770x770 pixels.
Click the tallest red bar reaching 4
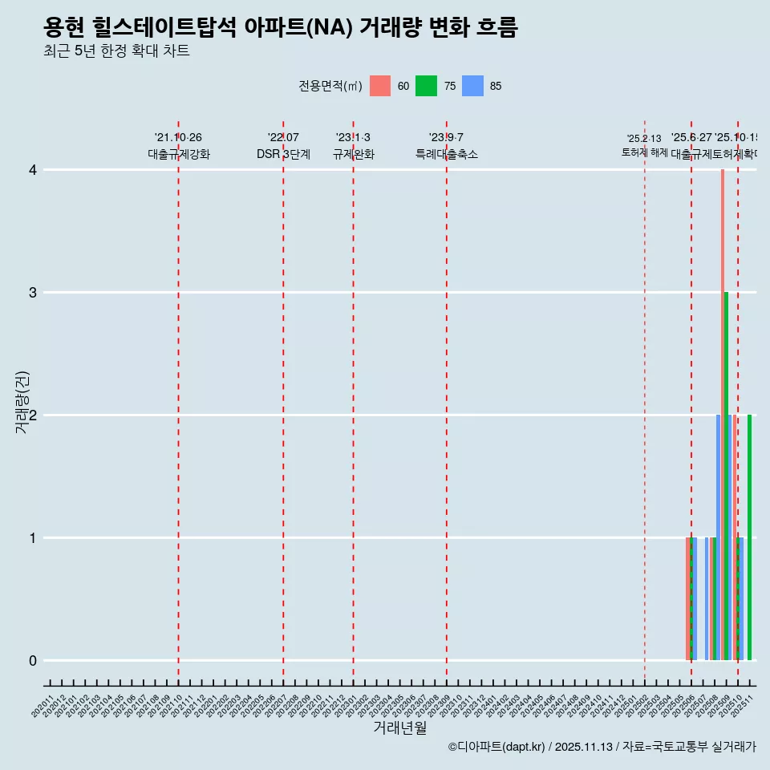click(x=723, y=415)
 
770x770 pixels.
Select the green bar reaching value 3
click(x=727, y=476)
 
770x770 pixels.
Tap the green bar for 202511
click(x=750, y=537)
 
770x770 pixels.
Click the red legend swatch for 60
click(x=380, y=86)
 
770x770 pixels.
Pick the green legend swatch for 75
click(x=427, y=86)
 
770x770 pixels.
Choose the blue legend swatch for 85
click(x=473, y=86)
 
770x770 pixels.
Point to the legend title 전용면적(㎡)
click(x=330, y=87)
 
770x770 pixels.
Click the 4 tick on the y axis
click(x=33, y=170)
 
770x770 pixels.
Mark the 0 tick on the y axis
click(x=33, y=661)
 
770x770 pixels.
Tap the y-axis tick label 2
click(x=33, y=415)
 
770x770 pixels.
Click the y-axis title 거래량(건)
click(x=22, y=403)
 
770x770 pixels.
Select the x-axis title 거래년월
click(x=399, y=728)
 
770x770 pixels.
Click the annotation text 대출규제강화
click(x=179, y=155)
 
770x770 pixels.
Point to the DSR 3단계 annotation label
click(x=283, y=155)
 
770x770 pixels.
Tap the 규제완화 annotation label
click(x=354, y=155)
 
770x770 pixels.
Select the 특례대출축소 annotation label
click(x=447, y=155)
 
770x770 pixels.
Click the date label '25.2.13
click(x=644, y=139)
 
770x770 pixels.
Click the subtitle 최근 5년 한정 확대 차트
click(x=116, y=52)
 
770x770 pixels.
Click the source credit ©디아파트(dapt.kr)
click(x=497, y=748)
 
